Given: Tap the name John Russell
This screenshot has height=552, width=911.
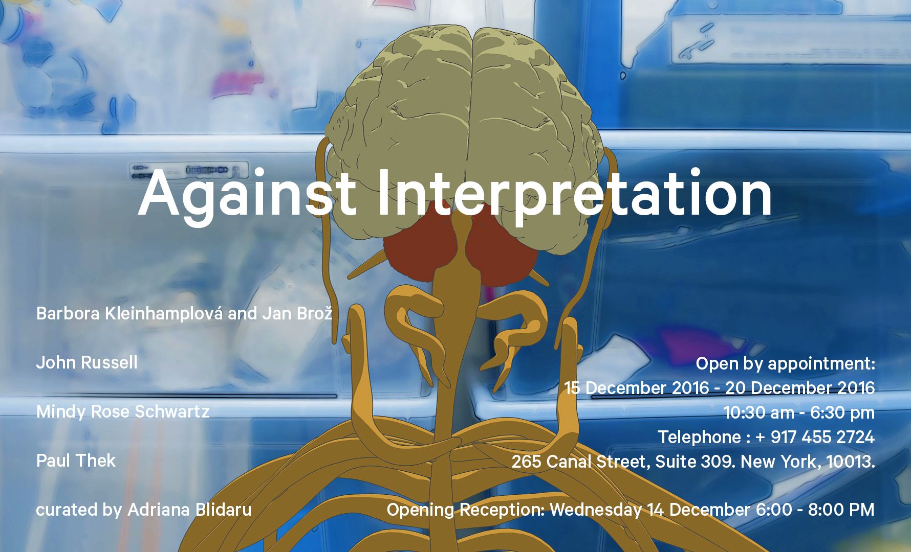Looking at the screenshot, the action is pos(87,362).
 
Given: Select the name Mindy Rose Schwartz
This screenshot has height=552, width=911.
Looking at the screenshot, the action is pos(123,411).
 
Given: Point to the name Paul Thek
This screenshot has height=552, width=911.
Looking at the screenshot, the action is pos(76,461).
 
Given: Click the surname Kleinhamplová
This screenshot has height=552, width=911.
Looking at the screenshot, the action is pos(163,313).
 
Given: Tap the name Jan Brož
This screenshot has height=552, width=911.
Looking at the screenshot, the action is pos(297,313).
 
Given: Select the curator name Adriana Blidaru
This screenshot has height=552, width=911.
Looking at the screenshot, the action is pos(189,510).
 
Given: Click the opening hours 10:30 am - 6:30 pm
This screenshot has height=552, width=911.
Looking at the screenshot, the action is pos(799,412).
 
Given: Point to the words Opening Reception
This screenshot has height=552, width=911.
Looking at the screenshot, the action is pos(465,510).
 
